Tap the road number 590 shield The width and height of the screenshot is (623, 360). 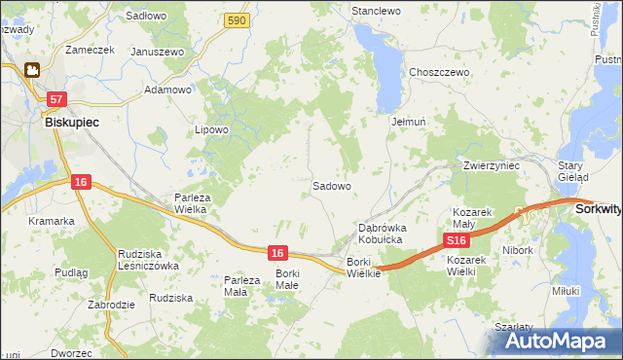[x=234, y=19]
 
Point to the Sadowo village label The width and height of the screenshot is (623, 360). [x=331, y=185]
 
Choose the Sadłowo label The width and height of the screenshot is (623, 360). [x=147, y=17]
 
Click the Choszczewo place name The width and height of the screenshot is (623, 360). [x=440, y=72]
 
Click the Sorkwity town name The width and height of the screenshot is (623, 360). [x=598, y=208]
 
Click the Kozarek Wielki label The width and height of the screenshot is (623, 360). [x=474, y=266]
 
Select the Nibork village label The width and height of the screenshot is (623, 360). [x=518, y=250]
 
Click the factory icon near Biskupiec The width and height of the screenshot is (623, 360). [x=31, y=70]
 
